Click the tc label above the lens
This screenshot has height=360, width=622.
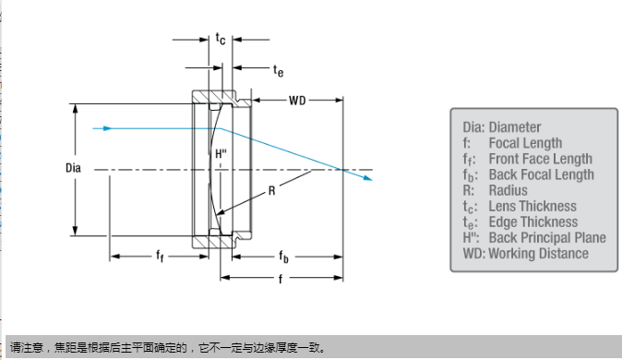(x=221, y=39)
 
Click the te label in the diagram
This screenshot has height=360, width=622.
(x=278, y=71)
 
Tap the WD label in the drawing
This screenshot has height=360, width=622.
(x=297, y=101)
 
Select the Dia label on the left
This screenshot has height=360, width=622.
(x=73, y=168)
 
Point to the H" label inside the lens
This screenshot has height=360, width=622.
(x=221, y=153)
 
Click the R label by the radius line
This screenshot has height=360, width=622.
(x=271, y=191)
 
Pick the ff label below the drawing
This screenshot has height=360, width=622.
(x=160, y=256)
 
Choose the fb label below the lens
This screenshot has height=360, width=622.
(x=283, y=257)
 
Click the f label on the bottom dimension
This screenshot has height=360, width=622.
(x=281, y=279)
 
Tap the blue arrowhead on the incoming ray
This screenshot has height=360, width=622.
(x=107, y=128)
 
